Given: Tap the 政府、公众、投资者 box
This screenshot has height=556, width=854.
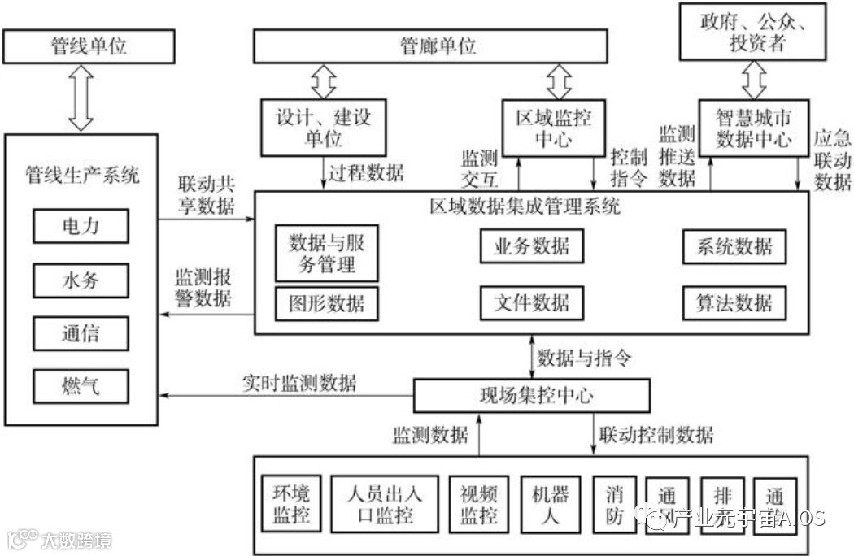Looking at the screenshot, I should tap(755, 31).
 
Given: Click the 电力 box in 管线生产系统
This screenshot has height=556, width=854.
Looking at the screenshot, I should tap(81, 225).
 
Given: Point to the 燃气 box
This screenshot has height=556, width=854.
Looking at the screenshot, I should tap(81, 386).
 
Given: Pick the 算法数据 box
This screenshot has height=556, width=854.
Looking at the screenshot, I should tap(734, 302).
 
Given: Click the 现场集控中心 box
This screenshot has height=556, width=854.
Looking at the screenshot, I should tap(532, 396).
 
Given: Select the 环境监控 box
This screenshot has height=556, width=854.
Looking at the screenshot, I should tap(291, 504).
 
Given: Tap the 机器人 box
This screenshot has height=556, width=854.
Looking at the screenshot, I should tap(551, 504).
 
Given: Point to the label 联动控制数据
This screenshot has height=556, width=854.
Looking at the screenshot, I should tap(656, 435).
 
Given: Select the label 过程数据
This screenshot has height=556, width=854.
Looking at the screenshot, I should tap(365, 172).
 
